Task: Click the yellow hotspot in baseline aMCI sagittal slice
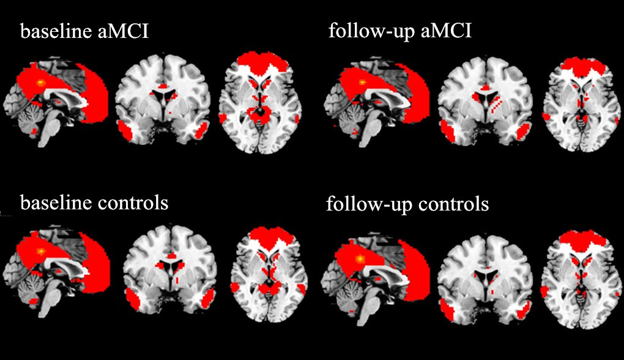(x=41, y=81)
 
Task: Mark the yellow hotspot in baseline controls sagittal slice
(x=41, y=251)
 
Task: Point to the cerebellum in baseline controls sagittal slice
(x=28, y=288)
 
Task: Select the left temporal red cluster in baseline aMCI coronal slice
(x=127, y=130)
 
